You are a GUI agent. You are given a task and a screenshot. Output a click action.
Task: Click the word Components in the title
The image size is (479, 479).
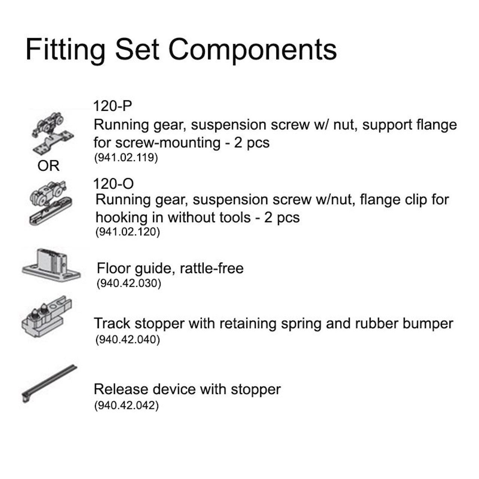point(253,50)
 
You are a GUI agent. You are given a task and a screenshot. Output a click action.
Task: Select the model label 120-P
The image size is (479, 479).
point(112,106)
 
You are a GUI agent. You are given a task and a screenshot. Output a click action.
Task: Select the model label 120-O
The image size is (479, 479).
point(113,184)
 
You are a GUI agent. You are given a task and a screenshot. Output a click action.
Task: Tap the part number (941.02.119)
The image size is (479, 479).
point(126,158)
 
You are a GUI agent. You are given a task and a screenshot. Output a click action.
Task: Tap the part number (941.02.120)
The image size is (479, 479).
point(127,232)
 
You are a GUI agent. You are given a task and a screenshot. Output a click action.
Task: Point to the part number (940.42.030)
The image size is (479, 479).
point(129,283)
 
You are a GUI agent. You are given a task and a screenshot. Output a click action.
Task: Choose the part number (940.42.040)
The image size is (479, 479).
point(127,339)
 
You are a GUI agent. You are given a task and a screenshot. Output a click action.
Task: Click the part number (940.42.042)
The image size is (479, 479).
point(126,405)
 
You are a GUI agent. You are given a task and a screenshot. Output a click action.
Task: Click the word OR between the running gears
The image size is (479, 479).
point(48,166)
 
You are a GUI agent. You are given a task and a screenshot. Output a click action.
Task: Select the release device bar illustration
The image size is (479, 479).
point(49,384)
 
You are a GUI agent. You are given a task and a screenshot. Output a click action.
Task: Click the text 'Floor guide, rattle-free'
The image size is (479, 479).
point(170,268)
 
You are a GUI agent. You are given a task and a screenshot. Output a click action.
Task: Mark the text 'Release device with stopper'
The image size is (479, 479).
point(187,389)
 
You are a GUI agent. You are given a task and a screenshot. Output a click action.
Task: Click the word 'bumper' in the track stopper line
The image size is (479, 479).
point(428,324)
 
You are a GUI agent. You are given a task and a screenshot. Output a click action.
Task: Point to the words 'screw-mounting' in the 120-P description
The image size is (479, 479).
point(168,143)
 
